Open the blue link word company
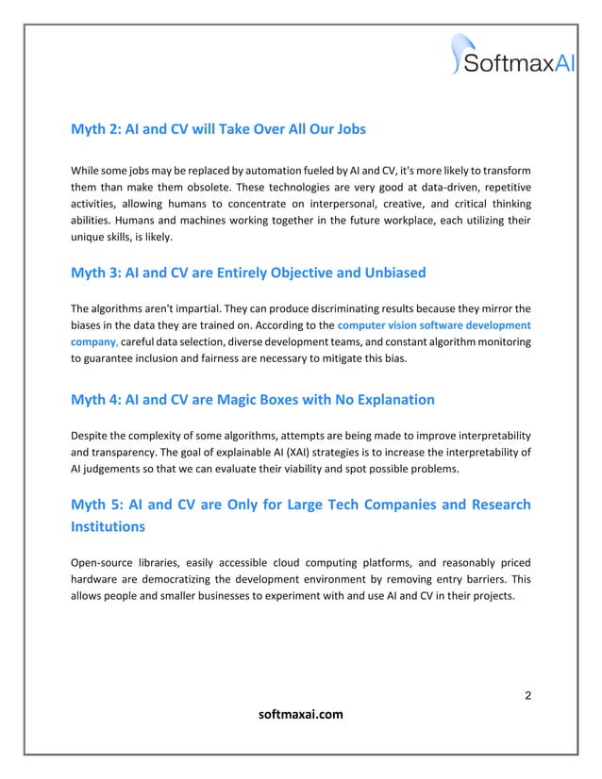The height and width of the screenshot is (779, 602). click(93, 340)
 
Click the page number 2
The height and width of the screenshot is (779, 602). click(527, 696)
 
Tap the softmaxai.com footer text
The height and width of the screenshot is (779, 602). click(300, 715)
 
